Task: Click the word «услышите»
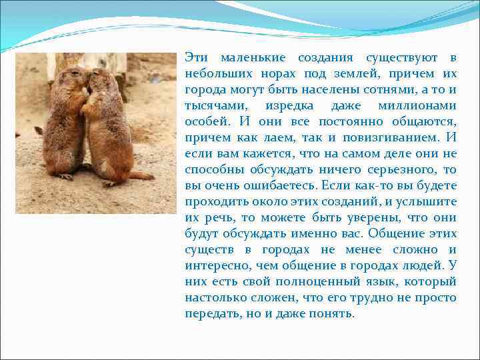[427, 202]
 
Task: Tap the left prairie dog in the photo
[65, 123]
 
